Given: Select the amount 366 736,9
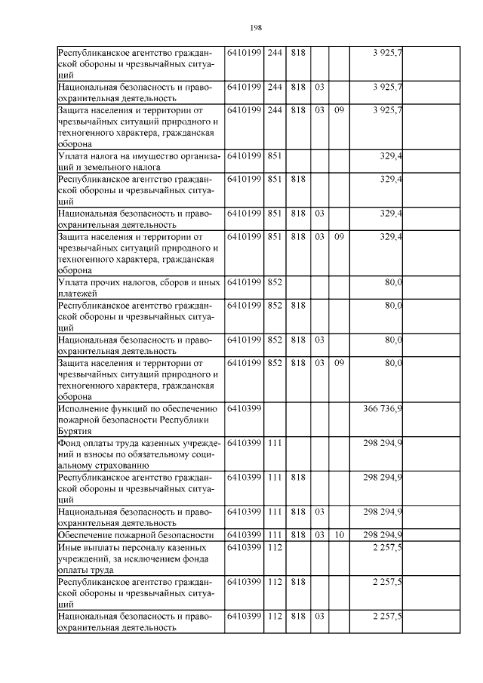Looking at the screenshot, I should pyautogui.click(x=383, y=408).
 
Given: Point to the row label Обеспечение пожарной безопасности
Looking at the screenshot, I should pyautogui.click(x=129, y=535).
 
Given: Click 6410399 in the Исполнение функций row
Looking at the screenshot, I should pyautogui.click(x=244, y=408).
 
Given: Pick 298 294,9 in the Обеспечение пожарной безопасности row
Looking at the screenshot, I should pyautogui.click(x=383, y=535).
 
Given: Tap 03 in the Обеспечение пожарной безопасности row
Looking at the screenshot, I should pyautogui.click(x=319, y=535).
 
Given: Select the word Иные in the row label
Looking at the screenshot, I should pyautogui.click(x=71, y=546).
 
